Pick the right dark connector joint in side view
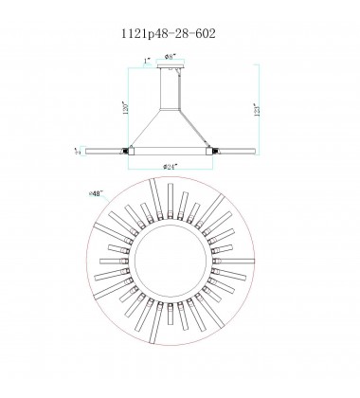tap(212, 150)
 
